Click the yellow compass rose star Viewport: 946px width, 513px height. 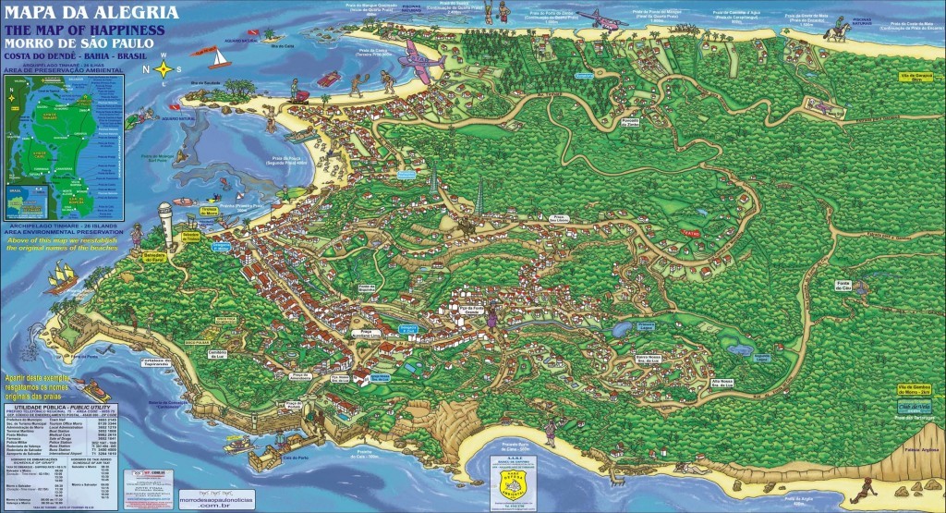point(164,68)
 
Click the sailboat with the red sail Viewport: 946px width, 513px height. point(218,58)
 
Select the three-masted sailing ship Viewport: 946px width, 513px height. point(57,276)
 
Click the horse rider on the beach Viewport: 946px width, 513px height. point(839,31)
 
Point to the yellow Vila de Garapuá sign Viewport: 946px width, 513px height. point(909,78)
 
